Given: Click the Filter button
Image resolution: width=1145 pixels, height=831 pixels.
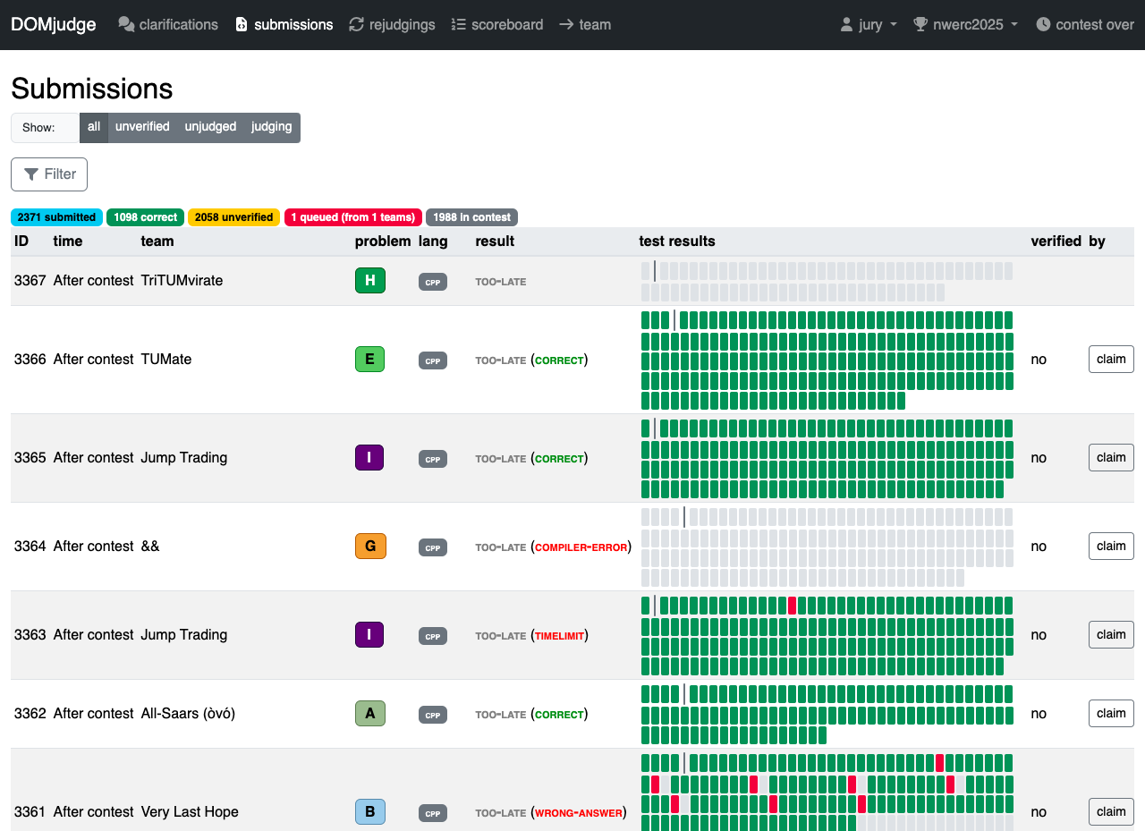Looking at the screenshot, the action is (x=49, y=174).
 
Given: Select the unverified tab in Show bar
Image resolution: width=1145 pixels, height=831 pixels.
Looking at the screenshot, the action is (x=142, y=127).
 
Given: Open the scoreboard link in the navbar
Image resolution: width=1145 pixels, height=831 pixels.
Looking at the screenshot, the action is (x=497, y=24).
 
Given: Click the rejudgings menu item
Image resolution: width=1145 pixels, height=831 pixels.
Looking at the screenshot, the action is (x=392, y=24).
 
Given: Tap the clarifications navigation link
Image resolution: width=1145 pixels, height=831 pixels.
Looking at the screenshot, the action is (x=168, y=24).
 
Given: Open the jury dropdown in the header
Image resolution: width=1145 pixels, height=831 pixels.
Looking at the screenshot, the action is (x=869, y=24).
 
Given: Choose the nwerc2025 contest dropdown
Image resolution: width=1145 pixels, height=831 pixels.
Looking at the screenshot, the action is (x=965, y=24).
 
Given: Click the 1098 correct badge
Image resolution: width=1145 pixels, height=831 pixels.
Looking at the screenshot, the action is (x=145, y=217).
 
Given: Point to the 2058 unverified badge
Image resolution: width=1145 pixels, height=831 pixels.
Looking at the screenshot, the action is (x=233, y=217).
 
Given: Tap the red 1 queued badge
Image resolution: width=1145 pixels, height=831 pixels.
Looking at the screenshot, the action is (x=352, y=217).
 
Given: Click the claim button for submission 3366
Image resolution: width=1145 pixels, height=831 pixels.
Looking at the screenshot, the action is (x=1111, y=360).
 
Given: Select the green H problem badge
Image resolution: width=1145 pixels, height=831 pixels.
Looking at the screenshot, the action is (x=370, y=281).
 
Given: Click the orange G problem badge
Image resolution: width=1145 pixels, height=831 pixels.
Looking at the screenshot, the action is (x=370, y=547).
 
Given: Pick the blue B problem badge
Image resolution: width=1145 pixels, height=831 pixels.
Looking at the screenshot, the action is (x=370, y=811).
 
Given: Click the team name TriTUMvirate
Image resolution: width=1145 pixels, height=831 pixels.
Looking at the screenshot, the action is (x=182, y=281).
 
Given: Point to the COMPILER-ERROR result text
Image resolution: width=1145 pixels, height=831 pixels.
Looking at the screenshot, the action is (x=581, y=547).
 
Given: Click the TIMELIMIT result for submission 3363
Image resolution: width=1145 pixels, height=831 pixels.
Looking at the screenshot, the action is (x=559, y=636).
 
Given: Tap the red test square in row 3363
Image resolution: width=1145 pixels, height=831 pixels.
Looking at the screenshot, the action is (x=792, y=606).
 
